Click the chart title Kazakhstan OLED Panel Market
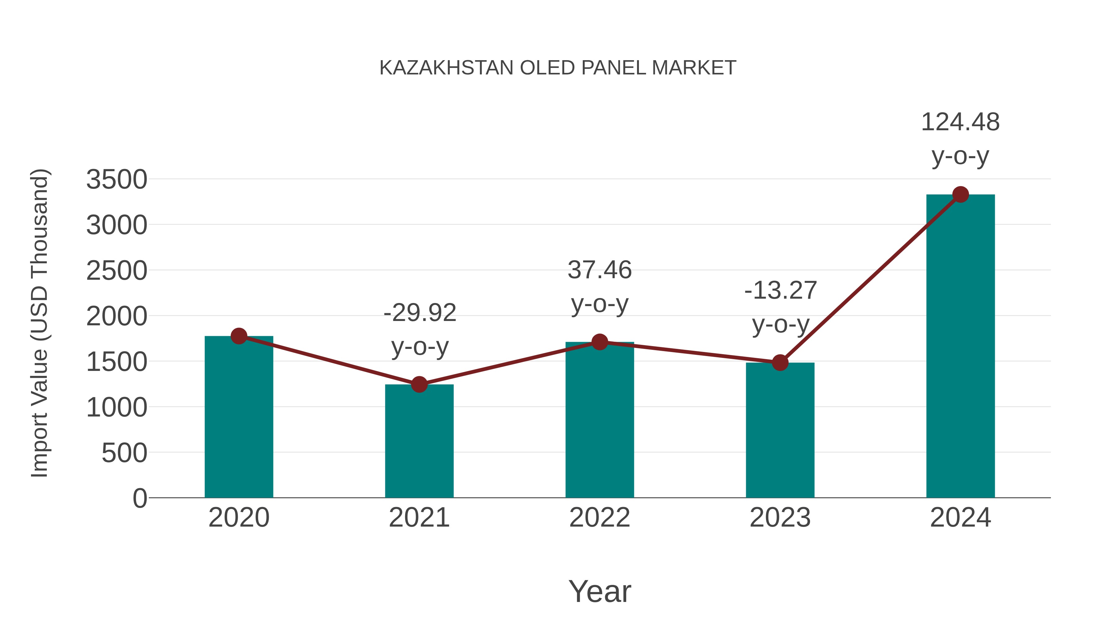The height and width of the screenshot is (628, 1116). [558, 68]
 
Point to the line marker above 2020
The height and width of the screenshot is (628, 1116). [239, 336]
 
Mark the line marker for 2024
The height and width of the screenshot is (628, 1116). [960, 194]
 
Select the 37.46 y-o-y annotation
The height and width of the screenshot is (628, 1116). [600, 287]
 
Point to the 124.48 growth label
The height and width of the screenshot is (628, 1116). [960, 138]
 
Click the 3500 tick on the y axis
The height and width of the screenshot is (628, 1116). [117, 180]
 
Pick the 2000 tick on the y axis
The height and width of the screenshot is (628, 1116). [117, 316]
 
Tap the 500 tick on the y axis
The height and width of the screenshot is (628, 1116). [124, 453]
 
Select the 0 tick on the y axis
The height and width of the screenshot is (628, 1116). [140, 498]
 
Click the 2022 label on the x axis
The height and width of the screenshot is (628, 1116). [600, 518]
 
